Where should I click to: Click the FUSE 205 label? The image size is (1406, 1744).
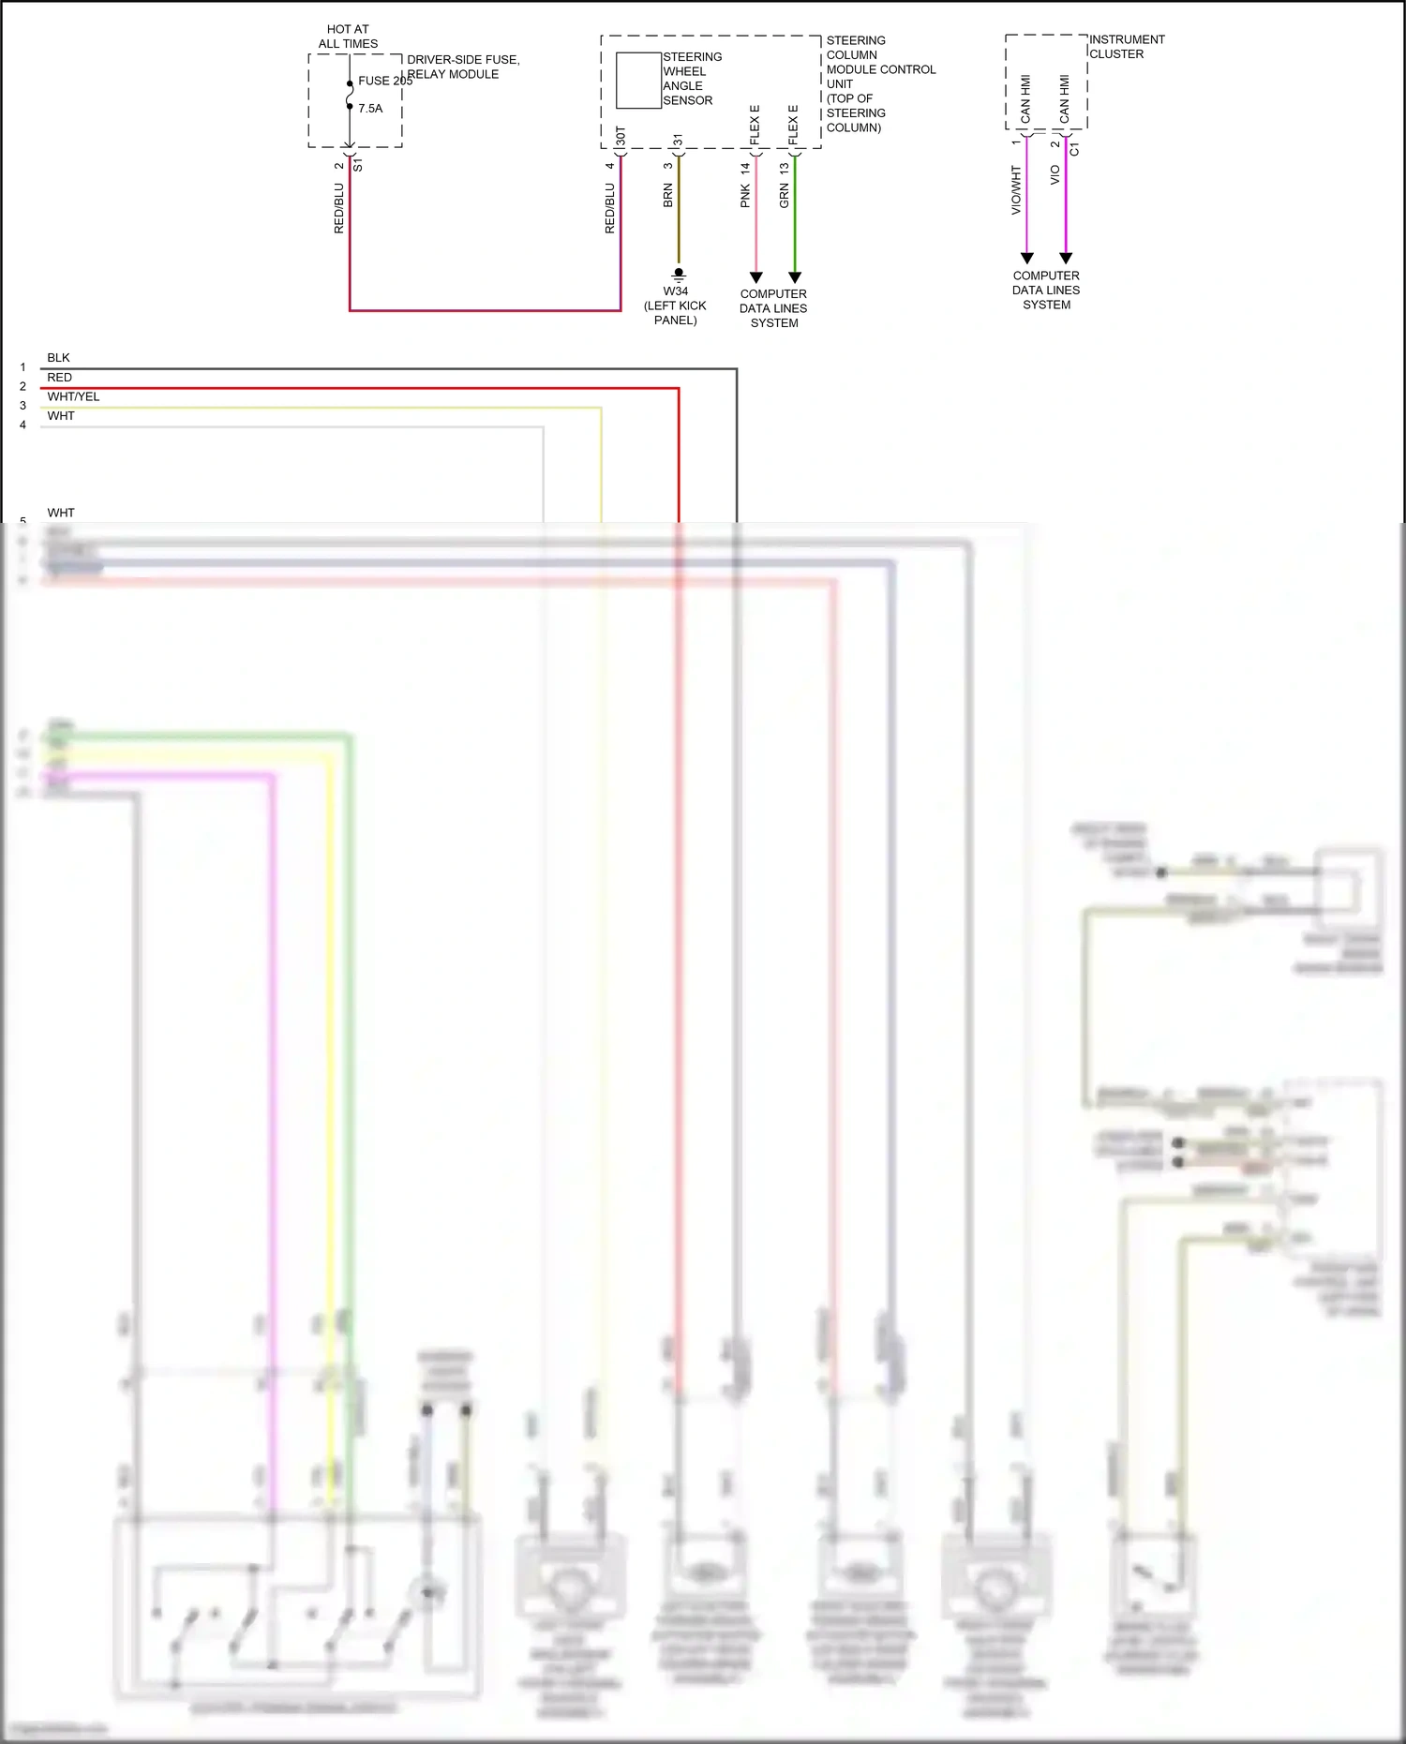point(384,81)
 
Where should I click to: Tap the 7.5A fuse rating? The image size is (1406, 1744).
point(370,109)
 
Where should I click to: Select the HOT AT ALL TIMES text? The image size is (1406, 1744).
point(348,37)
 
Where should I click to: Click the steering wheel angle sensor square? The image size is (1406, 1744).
point(638,81)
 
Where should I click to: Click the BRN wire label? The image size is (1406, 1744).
point(668,195)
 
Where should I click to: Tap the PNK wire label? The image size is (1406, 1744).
point(745,195)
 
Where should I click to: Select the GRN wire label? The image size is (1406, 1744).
point(784,195)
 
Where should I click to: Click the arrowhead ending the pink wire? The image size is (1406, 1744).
point(756,277)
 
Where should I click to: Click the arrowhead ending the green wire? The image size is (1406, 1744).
point(795,277)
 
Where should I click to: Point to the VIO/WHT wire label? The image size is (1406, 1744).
point(1016,190)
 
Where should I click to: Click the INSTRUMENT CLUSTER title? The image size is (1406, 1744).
point(1127,47)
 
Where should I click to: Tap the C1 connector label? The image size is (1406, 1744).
point(1074,149)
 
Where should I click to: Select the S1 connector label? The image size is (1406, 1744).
point(358,165)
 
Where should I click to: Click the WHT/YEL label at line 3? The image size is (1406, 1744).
point(73,396)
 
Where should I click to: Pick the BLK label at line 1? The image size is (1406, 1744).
point(58,357)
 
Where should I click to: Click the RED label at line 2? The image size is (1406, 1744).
point(59,377)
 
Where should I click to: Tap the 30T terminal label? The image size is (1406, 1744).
point(621,137)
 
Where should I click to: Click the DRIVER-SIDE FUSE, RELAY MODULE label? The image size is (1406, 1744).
point(462,67)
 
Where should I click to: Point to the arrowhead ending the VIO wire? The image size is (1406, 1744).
point(1066,258)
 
